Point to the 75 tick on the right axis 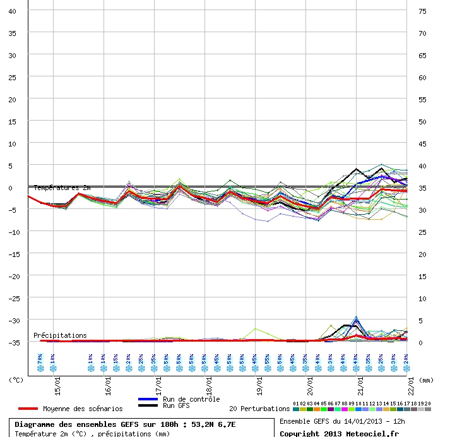[x=422, y=11]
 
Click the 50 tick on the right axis [x=422, y=122]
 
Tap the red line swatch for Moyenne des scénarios [x=28, y=409]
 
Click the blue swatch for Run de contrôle [x=148, y=399]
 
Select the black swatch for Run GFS [x=148, y=405]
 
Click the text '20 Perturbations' [x=259, y=409]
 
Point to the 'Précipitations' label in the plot [x=60, y=335]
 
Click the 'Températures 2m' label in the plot [x=62, y=188]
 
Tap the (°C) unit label [x=16, y=380]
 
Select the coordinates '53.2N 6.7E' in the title [x=213, y=424]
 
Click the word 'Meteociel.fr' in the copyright [x=377, y=434]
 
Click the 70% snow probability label [x=40, y=358]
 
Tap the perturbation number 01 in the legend [x=296, y=403]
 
